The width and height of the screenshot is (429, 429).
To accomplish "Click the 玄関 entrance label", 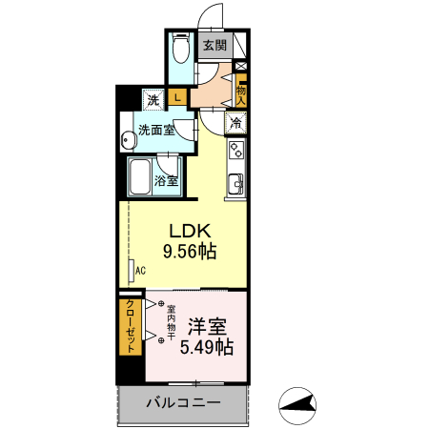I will coord(214,44).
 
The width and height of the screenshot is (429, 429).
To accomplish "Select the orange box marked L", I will coord(177,96).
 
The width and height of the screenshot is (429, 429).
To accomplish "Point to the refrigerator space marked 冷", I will coord(235,122).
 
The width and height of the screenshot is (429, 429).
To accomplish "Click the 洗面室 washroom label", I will coord(156,130).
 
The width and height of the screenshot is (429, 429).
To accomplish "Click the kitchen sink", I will coord(235,182).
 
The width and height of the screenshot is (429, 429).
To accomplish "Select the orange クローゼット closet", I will coord(128,327).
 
